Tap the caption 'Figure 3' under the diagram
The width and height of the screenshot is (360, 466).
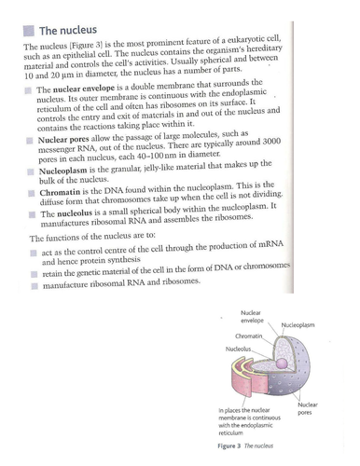[x=232, y=445]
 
